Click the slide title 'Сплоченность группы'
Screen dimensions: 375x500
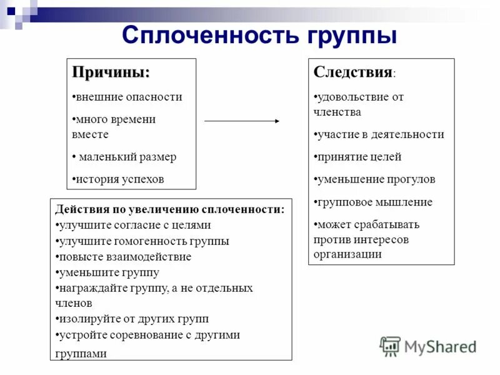(x=259, y=35)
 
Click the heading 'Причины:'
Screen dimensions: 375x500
(x=111, y=72)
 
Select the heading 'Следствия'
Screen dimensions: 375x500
(x=352, y=72)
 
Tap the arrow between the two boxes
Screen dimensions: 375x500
(x=242, y=120)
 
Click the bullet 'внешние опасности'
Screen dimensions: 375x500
(x=127, y=97)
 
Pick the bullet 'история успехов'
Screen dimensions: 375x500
(x=119, y=179)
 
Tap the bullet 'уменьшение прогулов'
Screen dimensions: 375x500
(x=374, y=179)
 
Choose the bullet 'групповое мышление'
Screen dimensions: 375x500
(x=373, y=202)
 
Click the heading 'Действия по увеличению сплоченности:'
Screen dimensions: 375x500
(x=169, y=209)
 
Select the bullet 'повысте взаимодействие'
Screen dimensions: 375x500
(x=123, y=257)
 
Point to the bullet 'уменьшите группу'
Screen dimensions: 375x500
(x=107, y=272)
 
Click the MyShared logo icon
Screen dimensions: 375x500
(x=390, y=346)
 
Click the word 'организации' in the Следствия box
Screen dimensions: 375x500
(x=347, y=254)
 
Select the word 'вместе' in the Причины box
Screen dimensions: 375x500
(x=90, y=134)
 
